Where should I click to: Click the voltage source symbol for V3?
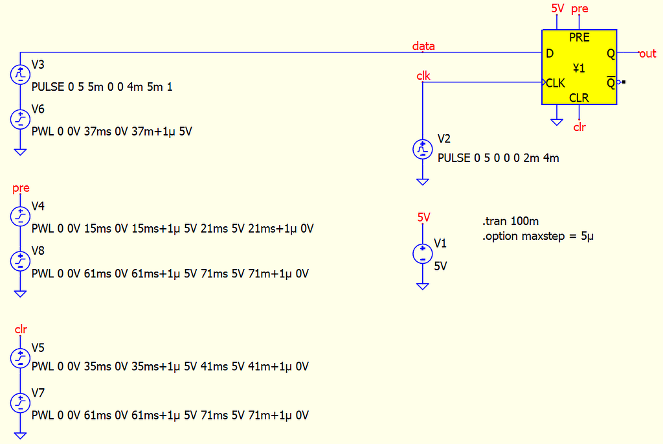coord(21,75)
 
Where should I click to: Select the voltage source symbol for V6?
coord(21,119)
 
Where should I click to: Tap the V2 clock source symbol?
coord(422,150)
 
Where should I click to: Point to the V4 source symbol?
coord(21,216)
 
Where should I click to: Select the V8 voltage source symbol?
coord(21,261)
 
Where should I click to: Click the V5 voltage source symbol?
coord(21,357)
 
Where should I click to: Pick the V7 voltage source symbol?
coord(21,403)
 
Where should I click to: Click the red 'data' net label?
coord(423,46)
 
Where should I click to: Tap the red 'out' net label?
coord(647,54)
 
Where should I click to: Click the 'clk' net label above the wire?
coord(423,76)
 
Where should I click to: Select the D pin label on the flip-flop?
coord(550,54)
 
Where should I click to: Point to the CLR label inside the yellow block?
coord(579,98)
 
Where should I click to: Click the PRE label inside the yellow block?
coord(579,38)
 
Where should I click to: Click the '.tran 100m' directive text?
coord(510,222)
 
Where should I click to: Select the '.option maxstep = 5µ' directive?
coord(537,236)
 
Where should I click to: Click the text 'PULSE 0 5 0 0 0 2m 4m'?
coord(498,158)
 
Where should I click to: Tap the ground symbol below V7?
coord(21,435)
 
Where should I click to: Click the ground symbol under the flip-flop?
coord(556,121)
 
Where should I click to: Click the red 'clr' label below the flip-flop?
coord(579,127)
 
